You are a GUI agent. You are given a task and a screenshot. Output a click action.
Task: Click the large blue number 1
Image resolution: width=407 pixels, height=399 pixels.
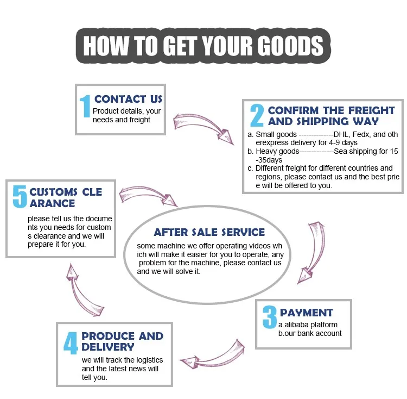(85, 106)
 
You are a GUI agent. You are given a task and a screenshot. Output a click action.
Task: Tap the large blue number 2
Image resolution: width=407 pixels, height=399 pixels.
(257, 115)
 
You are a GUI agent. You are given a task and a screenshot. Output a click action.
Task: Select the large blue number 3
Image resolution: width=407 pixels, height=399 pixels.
(270, 317)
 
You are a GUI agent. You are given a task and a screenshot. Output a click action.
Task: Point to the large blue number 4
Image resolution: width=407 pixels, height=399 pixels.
(71, 343)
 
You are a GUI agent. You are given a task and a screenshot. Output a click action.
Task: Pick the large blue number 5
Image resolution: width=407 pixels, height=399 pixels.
(20, 197)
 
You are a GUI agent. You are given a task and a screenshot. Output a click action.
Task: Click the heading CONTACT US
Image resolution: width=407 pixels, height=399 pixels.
(128, 99)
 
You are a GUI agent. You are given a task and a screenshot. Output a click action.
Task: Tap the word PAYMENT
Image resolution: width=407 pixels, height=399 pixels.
(306, 313)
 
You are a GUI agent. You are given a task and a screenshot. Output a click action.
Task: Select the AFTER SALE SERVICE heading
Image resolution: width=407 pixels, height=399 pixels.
(209, 232)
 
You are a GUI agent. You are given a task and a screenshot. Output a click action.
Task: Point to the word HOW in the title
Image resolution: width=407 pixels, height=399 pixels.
(106, 46)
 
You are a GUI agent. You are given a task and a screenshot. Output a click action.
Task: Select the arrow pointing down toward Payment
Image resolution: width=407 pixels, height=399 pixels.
(317, 250)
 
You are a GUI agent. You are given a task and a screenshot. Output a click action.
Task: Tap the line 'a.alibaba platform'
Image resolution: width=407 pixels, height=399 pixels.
(308, 325)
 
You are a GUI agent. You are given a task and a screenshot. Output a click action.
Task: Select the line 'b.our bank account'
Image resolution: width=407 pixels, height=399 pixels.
(310, 333)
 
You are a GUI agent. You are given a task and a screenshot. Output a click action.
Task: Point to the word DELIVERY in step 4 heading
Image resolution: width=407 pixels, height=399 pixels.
(108, 347)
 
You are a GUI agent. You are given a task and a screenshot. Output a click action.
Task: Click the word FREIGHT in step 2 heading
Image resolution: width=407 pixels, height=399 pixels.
(371, 110)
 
